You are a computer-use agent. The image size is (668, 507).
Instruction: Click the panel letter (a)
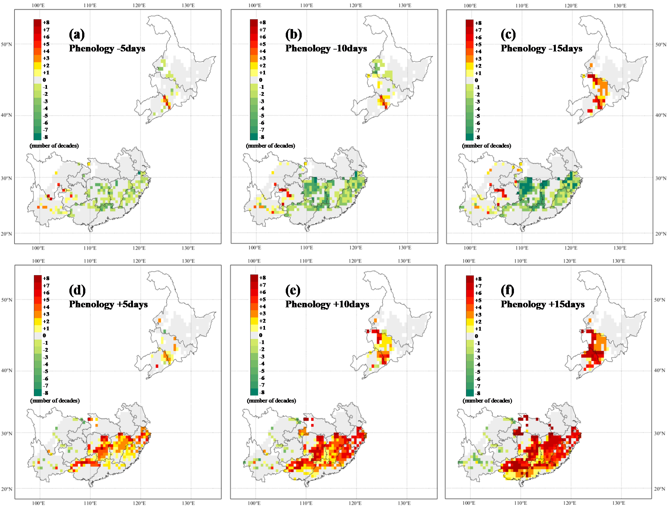tap(77, 34)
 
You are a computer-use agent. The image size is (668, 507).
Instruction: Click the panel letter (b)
tap(293, 34)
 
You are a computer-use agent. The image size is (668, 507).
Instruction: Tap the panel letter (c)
tap(508, 34)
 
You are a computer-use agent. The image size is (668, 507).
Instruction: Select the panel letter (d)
tap(77, 290)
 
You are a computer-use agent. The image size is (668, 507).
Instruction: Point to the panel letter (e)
tap(293, 290)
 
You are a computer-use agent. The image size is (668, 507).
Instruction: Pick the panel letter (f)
tap(507, 290)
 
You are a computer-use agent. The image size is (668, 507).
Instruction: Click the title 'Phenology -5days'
tap(107, 49)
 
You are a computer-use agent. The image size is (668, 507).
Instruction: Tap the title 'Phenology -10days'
tap(326, 49)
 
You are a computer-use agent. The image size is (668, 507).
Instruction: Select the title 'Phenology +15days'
tap(542, 304)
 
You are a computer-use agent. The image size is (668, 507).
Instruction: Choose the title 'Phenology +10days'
tap(327, 304)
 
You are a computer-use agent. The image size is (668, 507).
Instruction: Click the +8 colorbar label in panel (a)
tap(46, 22)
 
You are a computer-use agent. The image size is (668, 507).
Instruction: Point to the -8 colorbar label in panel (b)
tap(262, 137)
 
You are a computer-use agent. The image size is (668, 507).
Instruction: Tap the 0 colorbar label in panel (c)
tap(477, 80)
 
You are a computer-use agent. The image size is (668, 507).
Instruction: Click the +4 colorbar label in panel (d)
tap(46, 307)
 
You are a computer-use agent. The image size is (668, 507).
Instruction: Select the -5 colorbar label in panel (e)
tap(262, 371)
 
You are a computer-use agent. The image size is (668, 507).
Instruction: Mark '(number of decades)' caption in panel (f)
tap(487, 401)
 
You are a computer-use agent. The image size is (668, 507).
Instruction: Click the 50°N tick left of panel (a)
tap(6, 44)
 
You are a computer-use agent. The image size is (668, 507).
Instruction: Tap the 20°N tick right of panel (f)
tap(660, 488)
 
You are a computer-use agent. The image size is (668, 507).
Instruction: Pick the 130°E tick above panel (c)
tap(620, 6)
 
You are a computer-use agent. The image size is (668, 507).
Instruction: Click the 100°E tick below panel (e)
tap(254, 503)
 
